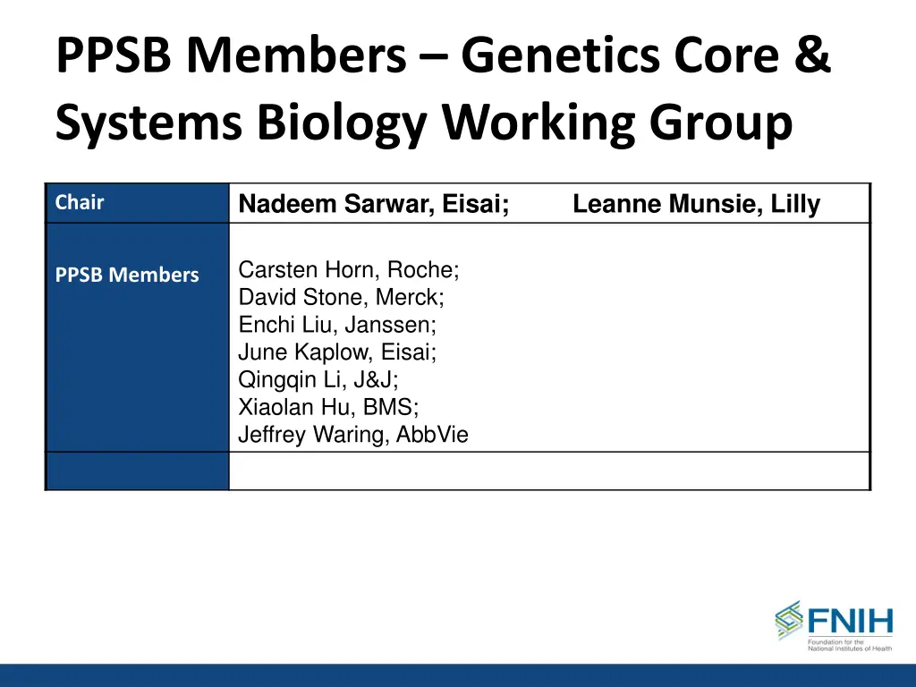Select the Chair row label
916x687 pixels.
[80, 203]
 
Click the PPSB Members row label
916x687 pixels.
[127, 276]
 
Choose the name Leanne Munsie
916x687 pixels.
[666, 205]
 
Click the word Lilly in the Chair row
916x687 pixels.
[795, 205]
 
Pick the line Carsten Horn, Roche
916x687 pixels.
[349, 270]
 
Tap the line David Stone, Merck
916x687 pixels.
[341, 298]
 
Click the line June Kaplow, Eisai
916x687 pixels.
[337, 352]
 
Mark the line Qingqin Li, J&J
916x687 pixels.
[318, 380]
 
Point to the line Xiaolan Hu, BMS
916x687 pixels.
[328, 408]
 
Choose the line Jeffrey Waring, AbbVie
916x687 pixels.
[353, 436]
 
